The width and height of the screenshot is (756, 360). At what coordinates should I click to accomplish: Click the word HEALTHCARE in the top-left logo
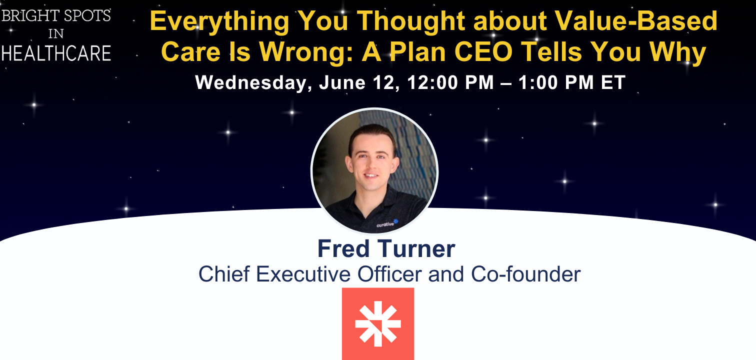[56, 53]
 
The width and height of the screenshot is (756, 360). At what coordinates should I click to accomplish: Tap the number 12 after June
[386, 82]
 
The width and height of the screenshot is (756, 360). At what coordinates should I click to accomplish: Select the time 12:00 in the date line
[432, 82]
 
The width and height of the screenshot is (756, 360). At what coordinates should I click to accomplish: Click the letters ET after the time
[613, 82]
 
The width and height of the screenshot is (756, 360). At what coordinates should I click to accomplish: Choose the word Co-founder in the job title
[526, 273]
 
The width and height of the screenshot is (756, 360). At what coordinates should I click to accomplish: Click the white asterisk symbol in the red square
[378, 324]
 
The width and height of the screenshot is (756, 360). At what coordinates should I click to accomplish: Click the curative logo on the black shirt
[387, 223]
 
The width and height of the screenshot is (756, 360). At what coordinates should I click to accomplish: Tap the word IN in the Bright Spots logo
[56, 34]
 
